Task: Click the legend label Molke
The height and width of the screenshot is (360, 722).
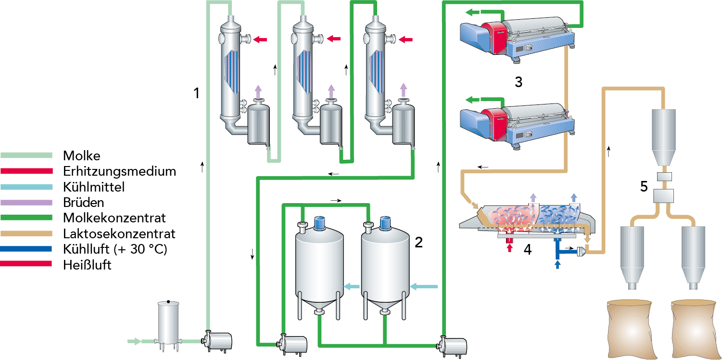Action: point(81,156)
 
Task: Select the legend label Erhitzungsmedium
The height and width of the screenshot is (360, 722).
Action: point(119,171)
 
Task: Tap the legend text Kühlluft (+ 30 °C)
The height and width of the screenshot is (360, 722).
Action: point(115,250)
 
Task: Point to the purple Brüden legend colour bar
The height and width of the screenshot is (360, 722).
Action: point(26,203)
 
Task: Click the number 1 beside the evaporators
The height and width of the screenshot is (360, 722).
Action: point(196,93)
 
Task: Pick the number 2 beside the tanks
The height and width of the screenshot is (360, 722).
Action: point(418,242)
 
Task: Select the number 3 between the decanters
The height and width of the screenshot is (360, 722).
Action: point(518,82)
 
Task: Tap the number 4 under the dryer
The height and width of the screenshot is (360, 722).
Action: point(528,250)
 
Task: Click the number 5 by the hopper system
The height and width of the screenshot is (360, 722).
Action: point(644,186)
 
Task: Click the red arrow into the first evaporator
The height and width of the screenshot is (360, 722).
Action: point(260,39)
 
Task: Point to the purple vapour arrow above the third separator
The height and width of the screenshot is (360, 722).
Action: point(404,90)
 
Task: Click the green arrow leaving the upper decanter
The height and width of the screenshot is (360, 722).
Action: point(476,13)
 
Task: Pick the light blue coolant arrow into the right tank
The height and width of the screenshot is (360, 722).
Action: point(424,287)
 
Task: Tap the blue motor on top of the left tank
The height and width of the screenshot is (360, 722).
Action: point(319,223)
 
